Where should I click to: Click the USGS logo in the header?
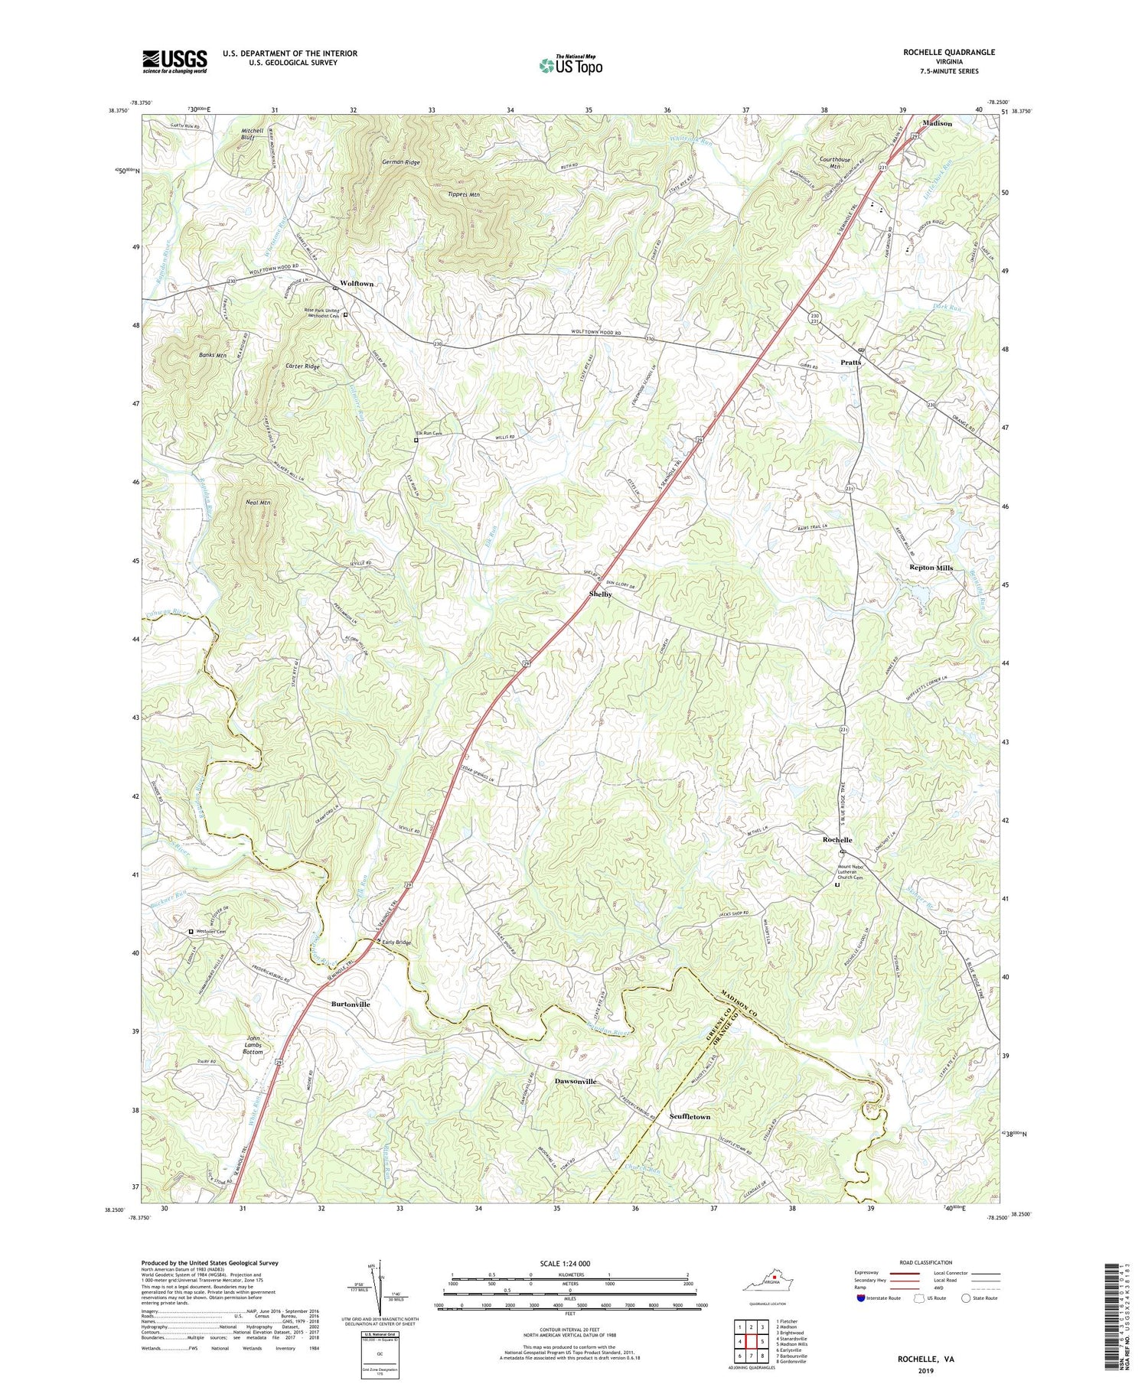tap(174, 61)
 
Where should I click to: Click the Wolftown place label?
tap(357, 284)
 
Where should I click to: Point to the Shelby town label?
tap(600, 594)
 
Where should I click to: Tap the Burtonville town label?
tap(350, 1004)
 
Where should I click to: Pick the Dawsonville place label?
tap(575, 1082)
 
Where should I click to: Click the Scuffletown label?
tap(690, 1117)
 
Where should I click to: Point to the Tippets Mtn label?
tap(464, 195)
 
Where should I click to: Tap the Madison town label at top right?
tap(937, 123)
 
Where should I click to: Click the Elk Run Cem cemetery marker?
tap(416, 440)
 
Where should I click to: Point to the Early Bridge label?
tap(396, 943)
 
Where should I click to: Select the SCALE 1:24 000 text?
tap(570, 1264)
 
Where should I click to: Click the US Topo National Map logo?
tap(570, 65)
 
